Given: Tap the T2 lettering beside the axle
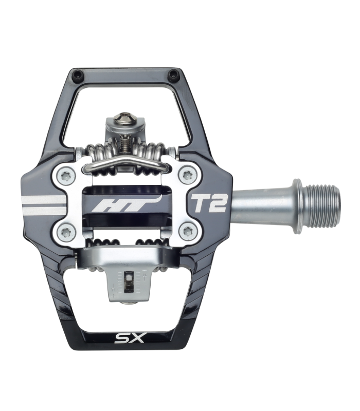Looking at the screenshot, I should coord(209,203).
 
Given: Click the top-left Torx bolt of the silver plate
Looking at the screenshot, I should coord(65,176).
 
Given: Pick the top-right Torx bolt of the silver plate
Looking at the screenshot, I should coord(187,176).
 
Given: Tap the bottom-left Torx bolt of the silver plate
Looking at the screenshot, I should coord(65,232).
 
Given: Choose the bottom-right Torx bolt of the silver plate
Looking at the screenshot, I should coord(187,232).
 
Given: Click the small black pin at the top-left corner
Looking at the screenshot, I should coord(78,75).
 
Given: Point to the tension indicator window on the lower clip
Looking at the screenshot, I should coord(127,281).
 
